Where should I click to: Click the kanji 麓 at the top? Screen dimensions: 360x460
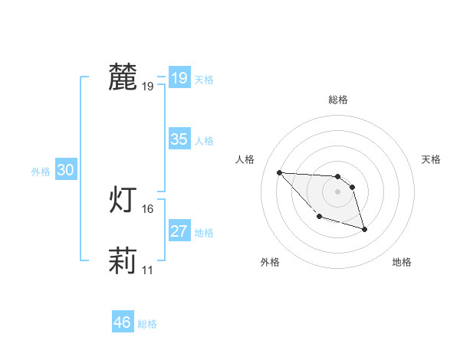click(x=123, y=77)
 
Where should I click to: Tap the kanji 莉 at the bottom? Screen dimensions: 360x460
click(x=123, y=261)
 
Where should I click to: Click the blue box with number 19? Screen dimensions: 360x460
click(x=179, y=78)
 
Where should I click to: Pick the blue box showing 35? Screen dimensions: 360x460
click(x=179, y=139)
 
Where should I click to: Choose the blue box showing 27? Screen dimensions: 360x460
click(x=179, y=231)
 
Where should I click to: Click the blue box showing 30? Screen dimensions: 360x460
click(x=65, y=171)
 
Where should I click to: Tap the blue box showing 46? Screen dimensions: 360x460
click(x=122, y=322)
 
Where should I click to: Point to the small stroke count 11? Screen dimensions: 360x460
click(x=148, y=270)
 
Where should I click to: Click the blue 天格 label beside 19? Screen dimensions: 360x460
click(x=204, y=80)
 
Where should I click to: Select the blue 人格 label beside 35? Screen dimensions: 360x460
click(x=204, y=141)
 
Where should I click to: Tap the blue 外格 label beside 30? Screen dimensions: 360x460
click(x=41, y=172)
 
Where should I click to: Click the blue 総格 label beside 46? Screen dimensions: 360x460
click(x=147, y=324)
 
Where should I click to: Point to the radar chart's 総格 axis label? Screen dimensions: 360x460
click(x=338, y=100)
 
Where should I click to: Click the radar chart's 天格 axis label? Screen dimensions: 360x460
click(x=432, y=159)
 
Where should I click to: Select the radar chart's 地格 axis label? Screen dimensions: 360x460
click(x=402, y=262)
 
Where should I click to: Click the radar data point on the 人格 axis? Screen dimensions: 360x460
click(x=280, y=172)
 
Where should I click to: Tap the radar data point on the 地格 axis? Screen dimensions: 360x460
click(x=364, y=229)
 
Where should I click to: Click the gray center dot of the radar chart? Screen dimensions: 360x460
click(x=337, y=191)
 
